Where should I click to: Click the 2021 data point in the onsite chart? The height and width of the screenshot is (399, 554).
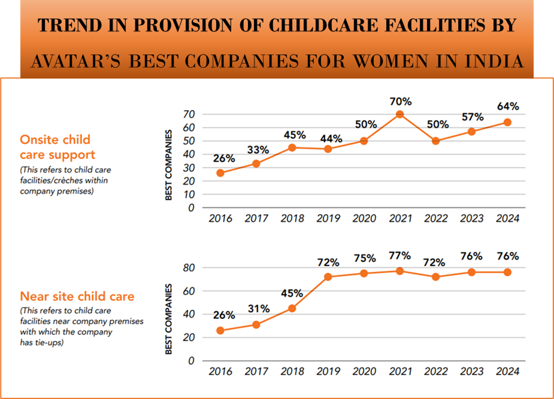pyautogui.click(x=400, y=114)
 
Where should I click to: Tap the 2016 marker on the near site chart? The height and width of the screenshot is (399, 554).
pyautogui.click(x=220, y=330)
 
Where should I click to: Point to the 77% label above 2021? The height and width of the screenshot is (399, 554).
pyautogui.click(x=399, y=255)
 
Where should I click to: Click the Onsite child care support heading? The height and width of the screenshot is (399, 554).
pyautogui.click(x=55, y=146)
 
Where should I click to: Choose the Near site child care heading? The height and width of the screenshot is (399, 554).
pyautogui.click(x=77, y=296)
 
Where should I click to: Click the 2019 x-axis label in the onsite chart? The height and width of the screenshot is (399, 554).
pyautogui.click(x=328, y=219)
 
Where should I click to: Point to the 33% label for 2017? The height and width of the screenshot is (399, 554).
pyautogui.click(x=256, y=149)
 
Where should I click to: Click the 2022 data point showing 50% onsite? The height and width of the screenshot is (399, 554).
pyautogui.click(x=436, y=141)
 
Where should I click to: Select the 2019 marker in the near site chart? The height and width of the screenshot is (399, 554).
pyautogui.click(x=328, y=277)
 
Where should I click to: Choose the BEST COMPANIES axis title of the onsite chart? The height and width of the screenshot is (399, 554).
pyautogui.click(x=169, y=166)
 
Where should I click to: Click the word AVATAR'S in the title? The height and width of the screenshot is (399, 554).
pyautogui.click(x=74, y=62)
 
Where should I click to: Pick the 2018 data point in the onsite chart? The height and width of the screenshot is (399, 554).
pyautogui.click(x=292, y=148)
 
